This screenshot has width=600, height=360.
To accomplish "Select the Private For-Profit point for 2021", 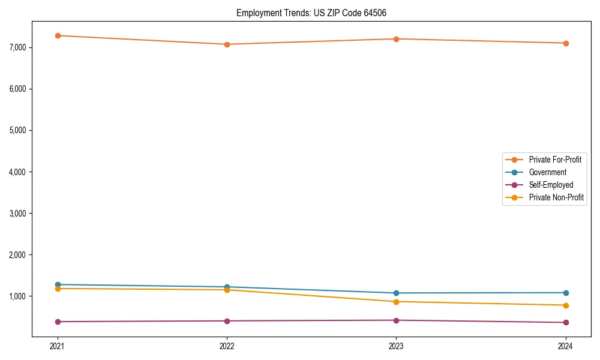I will (58, 35).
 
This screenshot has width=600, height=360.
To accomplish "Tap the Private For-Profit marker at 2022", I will (227, 44).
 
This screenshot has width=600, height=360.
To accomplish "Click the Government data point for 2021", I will (58, 284).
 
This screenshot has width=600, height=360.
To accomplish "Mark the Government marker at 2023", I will (397, 293).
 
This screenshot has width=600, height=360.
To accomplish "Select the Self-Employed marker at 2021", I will (58, 322).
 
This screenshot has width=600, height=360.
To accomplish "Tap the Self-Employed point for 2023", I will (397, 320).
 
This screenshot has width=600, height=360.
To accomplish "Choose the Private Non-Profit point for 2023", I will (397, 302).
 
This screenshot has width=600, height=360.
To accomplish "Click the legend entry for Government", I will (547, 172).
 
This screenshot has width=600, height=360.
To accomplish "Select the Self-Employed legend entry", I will (551, 185).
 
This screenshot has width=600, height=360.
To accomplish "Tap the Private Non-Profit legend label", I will (556, 197).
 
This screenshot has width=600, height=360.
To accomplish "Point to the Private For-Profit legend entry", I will (555, 160).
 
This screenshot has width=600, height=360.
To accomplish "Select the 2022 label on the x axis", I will (227, 346).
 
